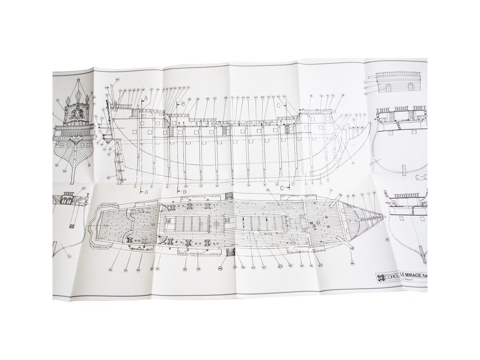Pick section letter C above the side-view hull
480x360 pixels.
pos(280,105)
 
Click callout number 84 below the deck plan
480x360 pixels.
pos(139,270)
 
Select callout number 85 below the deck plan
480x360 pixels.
pos(185,269)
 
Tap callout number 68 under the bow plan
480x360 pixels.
pos(352,263)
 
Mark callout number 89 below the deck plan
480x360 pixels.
pos(220,269)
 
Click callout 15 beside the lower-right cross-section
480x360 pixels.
pos(387,240)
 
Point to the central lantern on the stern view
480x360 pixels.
pos(78,100)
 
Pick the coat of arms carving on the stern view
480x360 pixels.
pos(78,113)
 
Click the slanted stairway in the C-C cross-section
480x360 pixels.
pos(401,125)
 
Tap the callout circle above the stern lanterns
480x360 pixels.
pos(78,79)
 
